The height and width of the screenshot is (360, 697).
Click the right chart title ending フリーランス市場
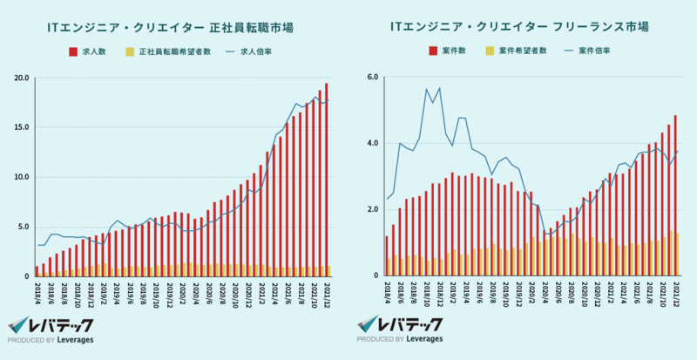click(519, 28)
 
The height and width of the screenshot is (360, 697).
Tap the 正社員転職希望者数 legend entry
click(169, 52)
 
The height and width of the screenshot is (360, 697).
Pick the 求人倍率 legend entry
click(247, 52)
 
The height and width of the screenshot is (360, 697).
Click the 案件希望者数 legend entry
click(517, 52)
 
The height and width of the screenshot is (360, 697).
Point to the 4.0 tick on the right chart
click(370, 143)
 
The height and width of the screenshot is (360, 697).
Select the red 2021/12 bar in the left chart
click(326, 174)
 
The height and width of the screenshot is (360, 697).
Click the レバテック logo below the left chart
click(52, 323)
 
